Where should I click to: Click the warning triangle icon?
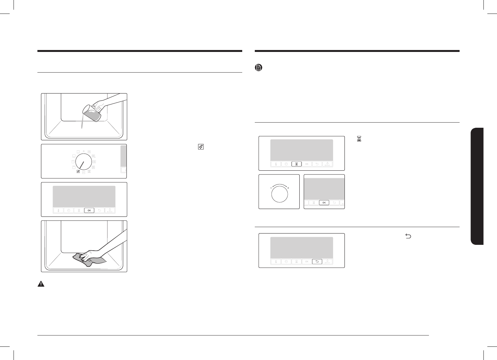[x=41, y=284]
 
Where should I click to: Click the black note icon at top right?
[x=259, y=67]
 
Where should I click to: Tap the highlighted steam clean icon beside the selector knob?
[x=78, y=171]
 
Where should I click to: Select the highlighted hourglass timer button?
[x=296, y=164]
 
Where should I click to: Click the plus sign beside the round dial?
[x=288, y=188]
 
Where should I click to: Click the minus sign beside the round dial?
[x=271, y=188]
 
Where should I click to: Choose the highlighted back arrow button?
[x=317, y=262]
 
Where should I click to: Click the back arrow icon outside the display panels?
[x=408, y=237]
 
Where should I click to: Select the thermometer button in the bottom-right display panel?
[x=276, y=262]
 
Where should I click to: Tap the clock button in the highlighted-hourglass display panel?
[x=286, y=164]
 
